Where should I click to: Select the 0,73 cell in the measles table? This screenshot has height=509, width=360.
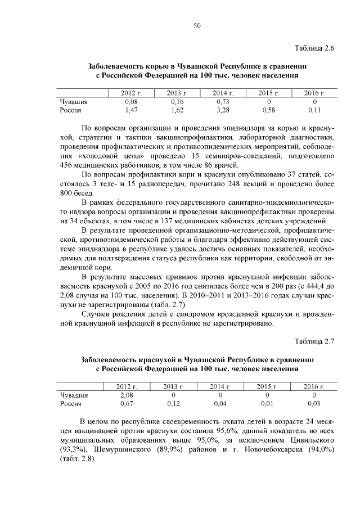[224, 102]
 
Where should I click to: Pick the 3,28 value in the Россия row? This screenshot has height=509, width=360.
[224, 110]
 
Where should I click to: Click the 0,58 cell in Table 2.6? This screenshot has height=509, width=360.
[268, 110]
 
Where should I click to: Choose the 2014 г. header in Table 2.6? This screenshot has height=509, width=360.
[224, 93]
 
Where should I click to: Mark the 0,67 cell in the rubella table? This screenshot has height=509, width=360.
[127, 404]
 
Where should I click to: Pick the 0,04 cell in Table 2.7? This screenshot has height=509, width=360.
[220, 404]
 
